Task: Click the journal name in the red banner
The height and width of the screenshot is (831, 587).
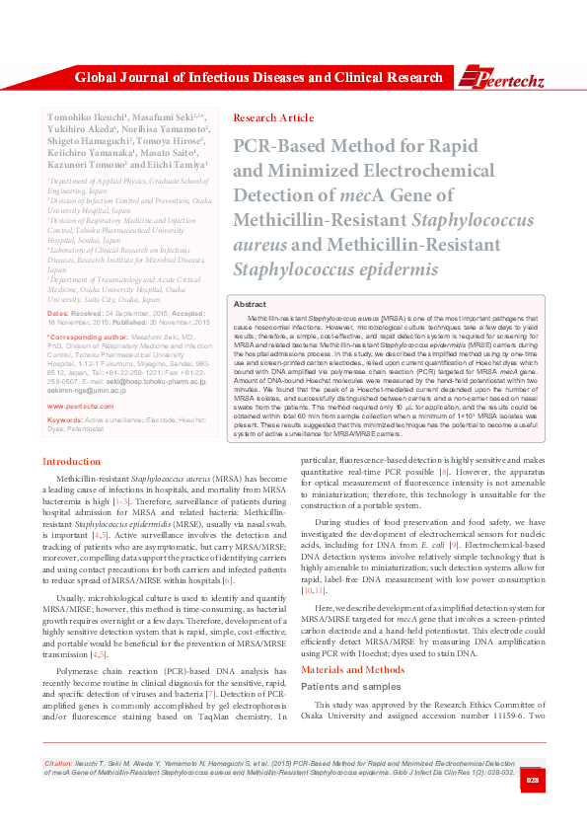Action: [258, 77]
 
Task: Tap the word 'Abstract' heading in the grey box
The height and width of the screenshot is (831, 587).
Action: [249, 306]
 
